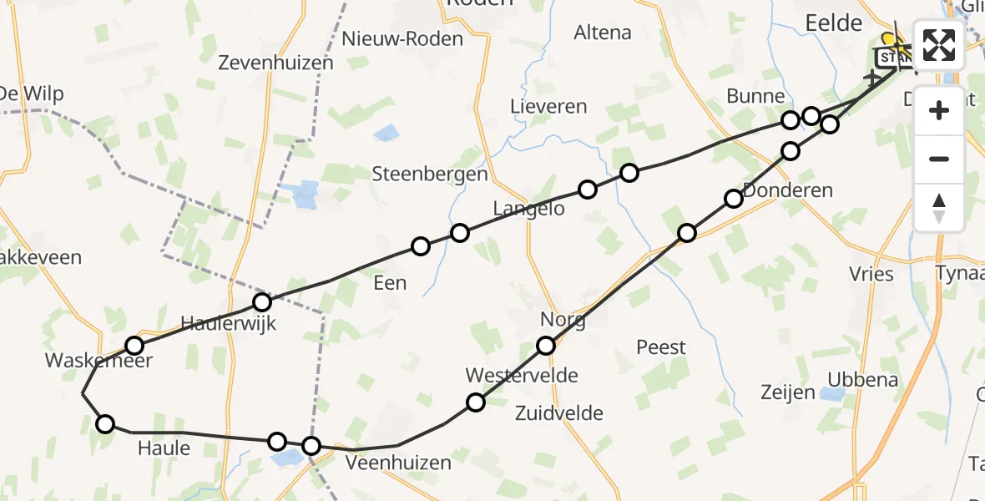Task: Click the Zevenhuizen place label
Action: [275, 63]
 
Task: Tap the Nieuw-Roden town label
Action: [402, 39]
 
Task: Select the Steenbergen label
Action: [430, 175]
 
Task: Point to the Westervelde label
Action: [522, 376]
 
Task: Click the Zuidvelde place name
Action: [559, 412]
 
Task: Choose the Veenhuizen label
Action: [398, 463]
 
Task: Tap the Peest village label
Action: [661, 347]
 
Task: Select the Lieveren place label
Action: [549, 107]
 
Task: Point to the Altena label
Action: [603, 33]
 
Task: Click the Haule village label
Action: [163, 448]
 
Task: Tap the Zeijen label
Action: [788, 392]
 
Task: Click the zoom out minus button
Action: [939, 159]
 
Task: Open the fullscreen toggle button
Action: [939, 44]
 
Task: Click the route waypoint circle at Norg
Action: [546, 346]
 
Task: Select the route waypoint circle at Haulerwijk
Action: [262, 302]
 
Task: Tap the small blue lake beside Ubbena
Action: [831, 394]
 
